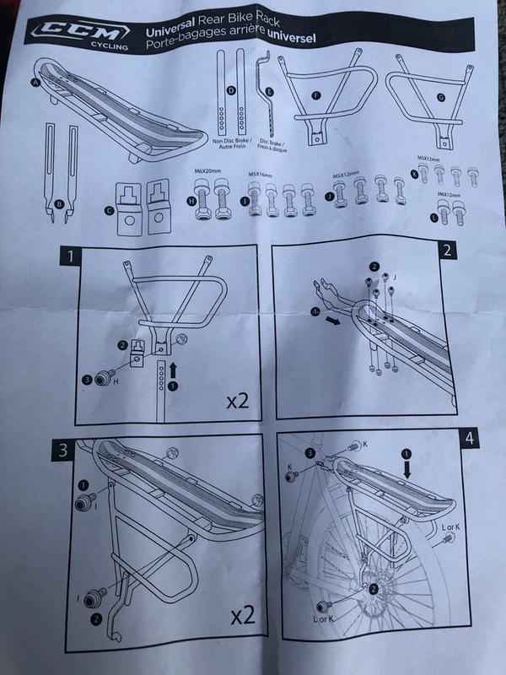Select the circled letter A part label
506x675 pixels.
pos(35,83)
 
